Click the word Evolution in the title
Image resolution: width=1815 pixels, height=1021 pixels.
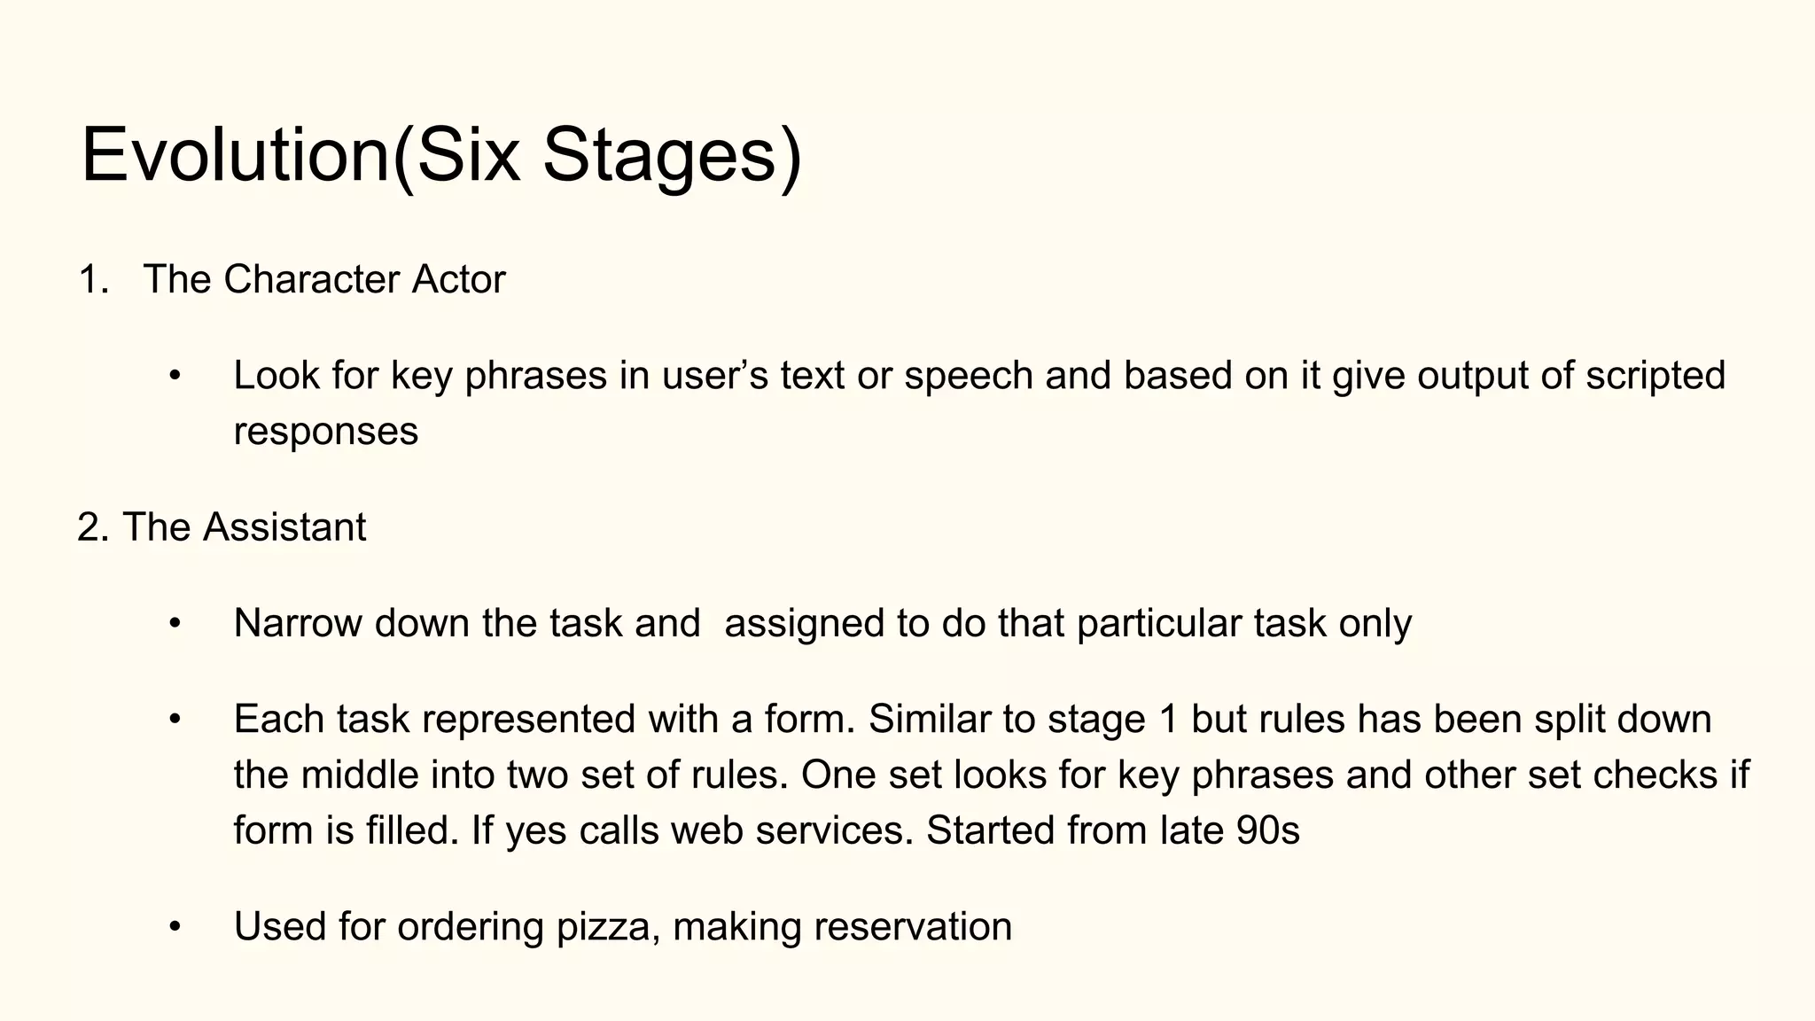(235, 156)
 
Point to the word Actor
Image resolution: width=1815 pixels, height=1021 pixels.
(458, 280)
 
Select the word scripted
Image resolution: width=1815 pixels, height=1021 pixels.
(1655, 377)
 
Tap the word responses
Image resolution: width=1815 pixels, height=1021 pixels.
(325, 432)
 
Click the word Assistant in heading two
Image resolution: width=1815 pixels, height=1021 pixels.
(284, 527)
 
